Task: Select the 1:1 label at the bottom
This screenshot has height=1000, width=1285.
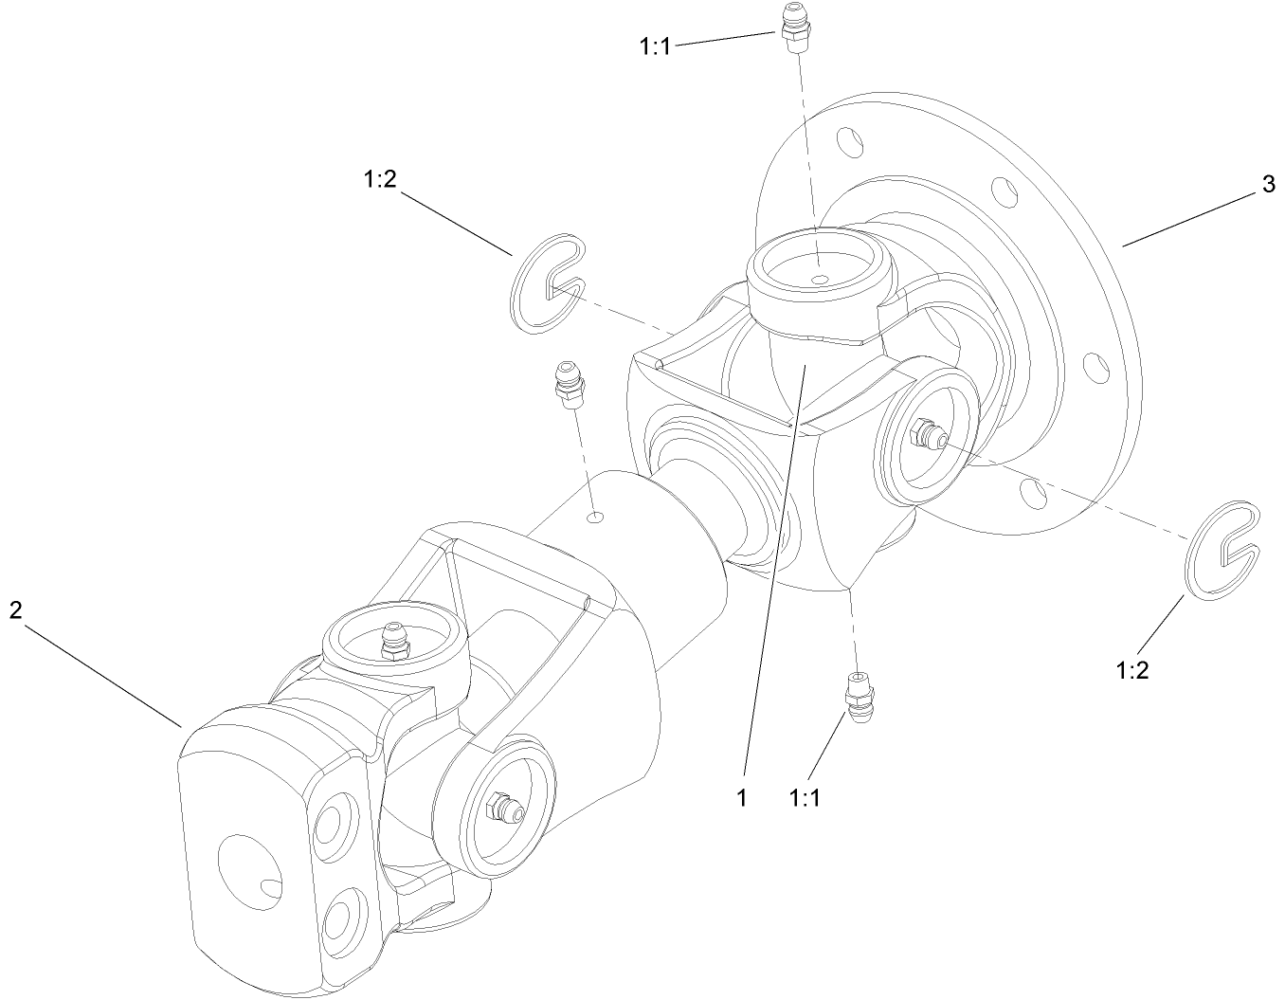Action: pyautogui.click(x=804, y=798)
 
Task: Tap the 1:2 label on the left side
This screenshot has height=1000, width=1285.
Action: pyautogui.click(x=379, y=180)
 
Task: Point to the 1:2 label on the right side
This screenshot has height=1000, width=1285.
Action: pyautogui.click(x=1132, y=670)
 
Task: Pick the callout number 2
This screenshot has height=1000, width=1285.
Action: pyautogui.click(x=15, y=610)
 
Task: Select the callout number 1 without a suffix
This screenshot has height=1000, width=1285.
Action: pyautogui.click(x=743, y=798)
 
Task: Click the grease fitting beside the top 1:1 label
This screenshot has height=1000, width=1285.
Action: pyautogui.click(x=792, y=29)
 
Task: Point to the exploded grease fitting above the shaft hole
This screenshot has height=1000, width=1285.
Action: pyautogui.click(x=569, y=384)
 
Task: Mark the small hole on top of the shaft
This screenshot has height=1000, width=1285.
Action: pyautogui.click(x=595, y=517)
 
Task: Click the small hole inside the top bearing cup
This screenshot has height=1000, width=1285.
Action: pyautogui.click(x=821, y=279)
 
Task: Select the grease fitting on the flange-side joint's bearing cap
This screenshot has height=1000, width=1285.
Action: pyautogui.click(x=926, y=437)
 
